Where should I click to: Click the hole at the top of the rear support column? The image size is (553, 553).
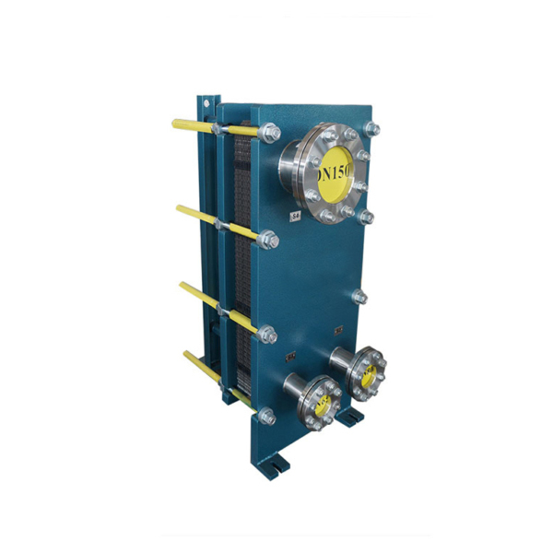211,96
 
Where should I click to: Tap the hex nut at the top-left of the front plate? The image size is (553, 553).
272,134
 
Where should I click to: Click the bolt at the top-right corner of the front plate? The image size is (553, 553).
371,128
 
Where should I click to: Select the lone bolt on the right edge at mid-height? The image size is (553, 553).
360,297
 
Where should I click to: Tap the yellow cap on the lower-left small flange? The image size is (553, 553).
323,401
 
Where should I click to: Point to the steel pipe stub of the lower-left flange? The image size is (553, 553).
298,387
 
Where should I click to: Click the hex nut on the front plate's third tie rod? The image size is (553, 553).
269,335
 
